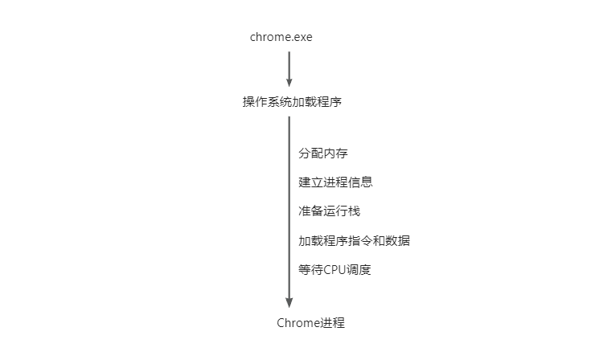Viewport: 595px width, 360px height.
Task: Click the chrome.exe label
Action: point(281,37)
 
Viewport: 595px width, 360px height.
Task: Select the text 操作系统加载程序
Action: point(292,102)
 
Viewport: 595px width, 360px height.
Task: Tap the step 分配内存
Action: point(323,153)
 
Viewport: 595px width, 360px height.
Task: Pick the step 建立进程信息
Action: point(335,182)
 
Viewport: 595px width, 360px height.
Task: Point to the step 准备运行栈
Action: point(329,211)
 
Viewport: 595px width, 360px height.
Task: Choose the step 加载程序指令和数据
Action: point(354,240)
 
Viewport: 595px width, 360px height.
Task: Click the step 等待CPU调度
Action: point(334,270)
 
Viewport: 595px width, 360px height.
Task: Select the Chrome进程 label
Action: point(311,323)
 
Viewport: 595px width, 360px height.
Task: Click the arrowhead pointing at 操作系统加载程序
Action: point(289,82)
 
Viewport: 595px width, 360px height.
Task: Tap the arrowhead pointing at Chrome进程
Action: point(289,303)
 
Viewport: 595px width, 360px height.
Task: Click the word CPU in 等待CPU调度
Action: point(334,270)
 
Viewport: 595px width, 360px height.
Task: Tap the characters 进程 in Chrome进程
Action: point(333,323)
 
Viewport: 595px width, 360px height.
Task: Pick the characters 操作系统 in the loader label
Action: point(267,102)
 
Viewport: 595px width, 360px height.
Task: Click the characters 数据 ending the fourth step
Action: point(398,240)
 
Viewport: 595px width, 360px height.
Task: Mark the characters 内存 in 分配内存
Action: point(335,153)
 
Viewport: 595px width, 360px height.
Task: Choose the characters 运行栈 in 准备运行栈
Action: point(342,211)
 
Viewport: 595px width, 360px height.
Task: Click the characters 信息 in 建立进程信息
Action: point(360,182)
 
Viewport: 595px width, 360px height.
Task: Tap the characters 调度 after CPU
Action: point(359,270)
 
